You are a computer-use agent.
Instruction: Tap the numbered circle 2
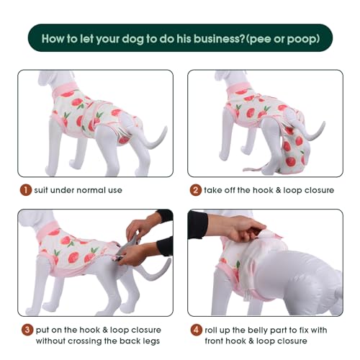[195, 190]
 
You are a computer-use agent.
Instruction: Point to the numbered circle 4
[195, 329]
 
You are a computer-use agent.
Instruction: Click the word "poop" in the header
[300, 38]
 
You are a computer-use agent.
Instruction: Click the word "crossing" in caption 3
[87, 341]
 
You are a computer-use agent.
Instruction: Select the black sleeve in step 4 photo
[198, 225]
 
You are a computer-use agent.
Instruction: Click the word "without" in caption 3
[51, 341]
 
